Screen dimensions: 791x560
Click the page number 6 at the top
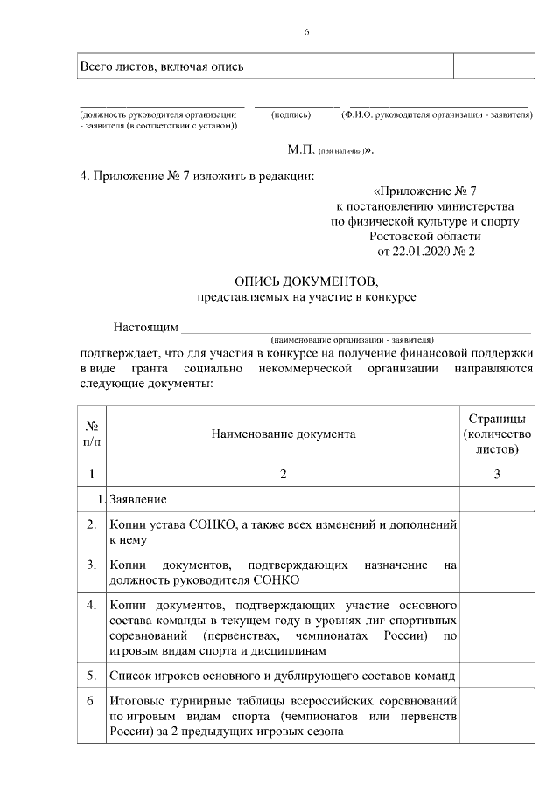click(306, 32)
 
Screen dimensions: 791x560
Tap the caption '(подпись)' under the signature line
click(291, 114)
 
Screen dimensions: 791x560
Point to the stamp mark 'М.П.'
click(301, 149)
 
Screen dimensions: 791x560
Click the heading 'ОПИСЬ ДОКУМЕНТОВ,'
click(306, 281)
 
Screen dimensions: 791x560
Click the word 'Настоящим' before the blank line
click(145, 328)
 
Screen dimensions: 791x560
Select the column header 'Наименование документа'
click(282, 433)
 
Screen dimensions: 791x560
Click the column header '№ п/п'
click(91, 433)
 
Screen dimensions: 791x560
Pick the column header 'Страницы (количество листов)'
click(497, 433)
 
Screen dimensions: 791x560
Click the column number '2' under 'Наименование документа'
click(282, 474)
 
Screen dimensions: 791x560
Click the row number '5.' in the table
click(91, 676)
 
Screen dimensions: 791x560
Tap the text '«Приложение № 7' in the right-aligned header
click(424, 190)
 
